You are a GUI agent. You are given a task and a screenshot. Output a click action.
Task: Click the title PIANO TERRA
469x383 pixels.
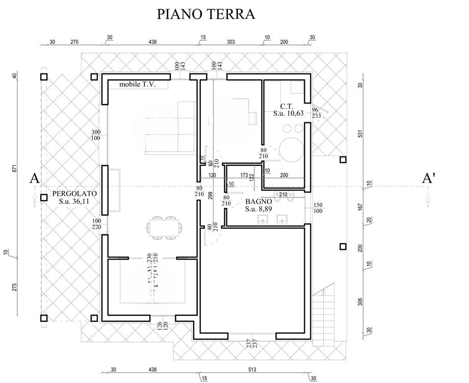(x=206, y=14)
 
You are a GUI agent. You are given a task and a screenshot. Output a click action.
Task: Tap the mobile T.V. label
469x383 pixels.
(x=137, y=84)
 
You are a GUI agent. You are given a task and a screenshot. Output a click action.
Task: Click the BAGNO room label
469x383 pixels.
(x=258, y=201)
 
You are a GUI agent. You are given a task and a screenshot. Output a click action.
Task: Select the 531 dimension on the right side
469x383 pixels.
(x=360, y=134)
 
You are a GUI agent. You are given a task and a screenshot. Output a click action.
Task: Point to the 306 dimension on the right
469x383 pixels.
(x=360, y=301)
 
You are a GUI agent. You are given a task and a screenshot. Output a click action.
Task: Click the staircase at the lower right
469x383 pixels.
(x=323, y=316)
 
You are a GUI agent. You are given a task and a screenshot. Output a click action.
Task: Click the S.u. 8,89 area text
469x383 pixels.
(x=258, y=209)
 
